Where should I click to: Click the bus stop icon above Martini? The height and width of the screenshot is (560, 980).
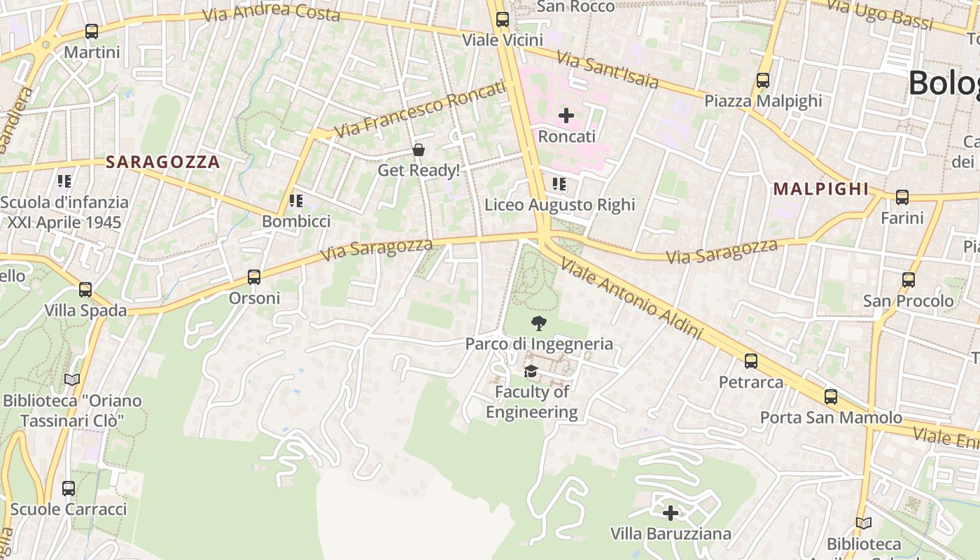[x=91, y=31]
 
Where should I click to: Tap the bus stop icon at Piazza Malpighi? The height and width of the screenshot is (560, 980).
[x=763, y=80]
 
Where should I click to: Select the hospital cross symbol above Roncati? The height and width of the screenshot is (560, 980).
[x=566, y=115]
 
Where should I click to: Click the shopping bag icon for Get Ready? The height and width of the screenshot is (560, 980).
[x=419, y=150]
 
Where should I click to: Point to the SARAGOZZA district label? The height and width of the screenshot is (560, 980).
[x=162, y=162]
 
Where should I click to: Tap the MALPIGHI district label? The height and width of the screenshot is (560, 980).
[x=820, y=189]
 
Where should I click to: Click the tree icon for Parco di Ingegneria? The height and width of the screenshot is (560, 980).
[x=539, y=323]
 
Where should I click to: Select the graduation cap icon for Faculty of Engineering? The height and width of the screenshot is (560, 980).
[x=531, y=371]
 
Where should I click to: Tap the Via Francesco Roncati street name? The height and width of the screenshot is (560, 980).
[x=419, y=110]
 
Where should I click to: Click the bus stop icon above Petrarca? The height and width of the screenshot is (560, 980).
[x=751, y=361]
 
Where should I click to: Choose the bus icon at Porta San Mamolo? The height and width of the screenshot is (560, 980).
[x=831, y=397]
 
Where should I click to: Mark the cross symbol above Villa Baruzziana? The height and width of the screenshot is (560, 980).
[x=671, y=513]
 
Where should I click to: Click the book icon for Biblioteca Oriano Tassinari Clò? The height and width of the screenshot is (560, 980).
[x=72, y=380]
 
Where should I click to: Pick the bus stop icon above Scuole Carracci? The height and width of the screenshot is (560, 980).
[x=69, y=489]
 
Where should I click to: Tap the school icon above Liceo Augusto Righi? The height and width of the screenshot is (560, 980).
[x=559, y=184]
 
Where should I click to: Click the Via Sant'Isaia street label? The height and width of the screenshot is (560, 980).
[x=608, y=70]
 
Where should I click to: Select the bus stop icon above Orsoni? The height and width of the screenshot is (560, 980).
[x=254, y=277]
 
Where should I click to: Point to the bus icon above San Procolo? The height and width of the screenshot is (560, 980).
[x=909, y=280]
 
